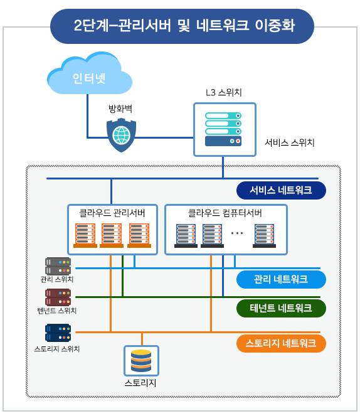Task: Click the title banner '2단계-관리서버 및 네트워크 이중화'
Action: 182,26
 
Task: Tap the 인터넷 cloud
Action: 89,74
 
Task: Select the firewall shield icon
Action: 121,136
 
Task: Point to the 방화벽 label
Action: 120,109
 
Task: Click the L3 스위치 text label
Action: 224,92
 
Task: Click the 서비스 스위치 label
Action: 290,142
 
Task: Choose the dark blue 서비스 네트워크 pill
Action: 281,190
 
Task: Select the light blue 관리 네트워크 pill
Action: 281,279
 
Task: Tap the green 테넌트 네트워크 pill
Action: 281,308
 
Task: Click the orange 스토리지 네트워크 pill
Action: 281,344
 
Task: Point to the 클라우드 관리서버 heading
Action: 112,213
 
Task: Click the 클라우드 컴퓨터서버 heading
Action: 225,213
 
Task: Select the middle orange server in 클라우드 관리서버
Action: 112,235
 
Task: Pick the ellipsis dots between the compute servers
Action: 236,233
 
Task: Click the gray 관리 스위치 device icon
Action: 58,266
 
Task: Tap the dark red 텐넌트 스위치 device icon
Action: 58,297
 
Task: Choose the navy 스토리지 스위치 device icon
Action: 58,333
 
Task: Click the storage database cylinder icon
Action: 141,361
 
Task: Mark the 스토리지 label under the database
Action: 140,383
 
